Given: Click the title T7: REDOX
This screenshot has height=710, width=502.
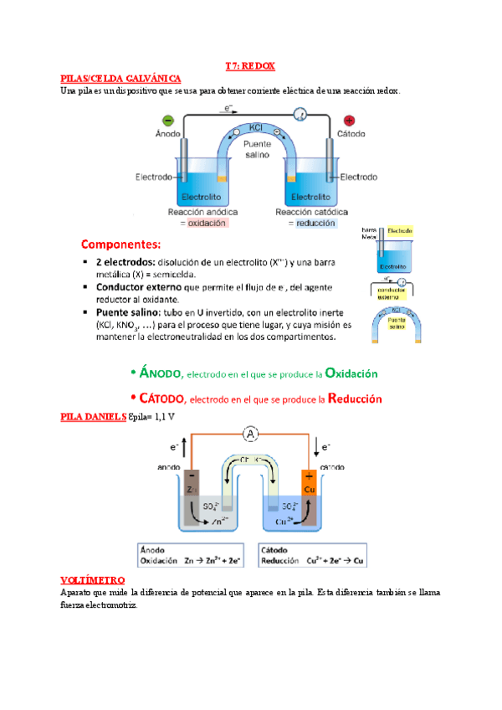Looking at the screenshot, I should tap(251, 65).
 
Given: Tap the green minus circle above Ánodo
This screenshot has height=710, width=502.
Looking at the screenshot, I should tap(167, 120).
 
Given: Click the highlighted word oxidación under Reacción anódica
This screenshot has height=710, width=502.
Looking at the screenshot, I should tap(206, 224).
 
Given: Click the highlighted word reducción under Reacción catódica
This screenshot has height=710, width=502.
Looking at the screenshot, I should tap(315, 224).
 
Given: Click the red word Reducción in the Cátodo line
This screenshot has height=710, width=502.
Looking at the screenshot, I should tap(355, 399).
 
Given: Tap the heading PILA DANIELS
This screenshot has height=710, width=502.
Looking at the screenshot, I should tap(94, 416).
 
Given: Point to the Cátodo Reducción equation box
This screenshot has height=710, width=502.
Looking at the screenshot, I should tap(315, 554).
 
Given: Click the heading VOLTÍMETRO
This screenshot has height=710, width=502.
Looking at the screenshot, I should tap(93, 579).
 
